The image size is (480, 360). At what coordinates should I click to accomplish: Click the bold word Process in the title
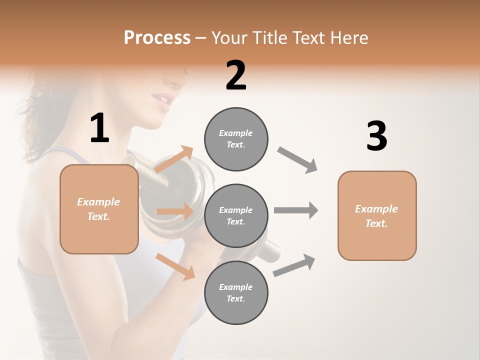157,38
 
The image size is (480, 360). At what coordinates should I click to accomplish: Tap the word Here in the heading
349,38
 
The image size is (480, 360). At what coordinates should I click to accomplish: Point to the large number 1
99,128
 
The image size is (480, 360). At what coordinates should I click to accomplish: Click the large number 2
236,75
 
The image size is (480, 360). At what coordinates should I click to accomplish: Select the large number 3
376,136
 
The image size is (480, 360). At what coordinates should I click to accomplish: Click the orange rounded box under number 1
99,209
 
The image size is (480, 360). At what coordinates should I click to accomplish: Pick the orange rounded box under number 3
377,215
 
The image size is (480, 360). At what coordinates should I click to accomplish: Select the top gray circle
236,139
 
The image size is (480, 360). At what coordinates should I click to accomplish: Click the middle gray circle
236,215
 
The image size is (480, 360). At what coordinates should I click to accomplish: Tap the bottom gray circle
236,292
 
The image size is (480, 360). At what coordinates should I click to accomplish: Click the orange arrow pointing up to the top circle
174,159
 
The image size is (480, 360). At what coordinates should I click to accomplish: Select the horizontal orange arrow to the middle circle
175,211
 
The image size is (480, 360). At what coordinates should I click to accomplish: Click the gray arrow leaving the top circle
297,160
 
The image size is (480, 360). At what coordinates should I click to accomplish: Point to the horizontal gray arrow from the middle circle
296,210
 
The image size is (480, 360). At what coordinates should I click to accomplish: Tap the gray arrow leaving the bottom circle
294,265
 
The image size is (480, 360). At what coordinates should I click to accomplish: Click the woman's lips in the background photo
161,100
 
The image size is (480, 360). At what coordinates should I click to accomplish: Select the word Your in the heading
229,38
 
